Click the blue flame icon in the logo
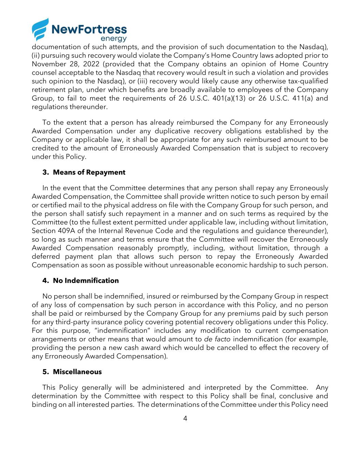pos(40,29)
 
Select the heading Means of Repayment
pos(89,172)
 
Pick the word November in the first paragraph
pos(49,64)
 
